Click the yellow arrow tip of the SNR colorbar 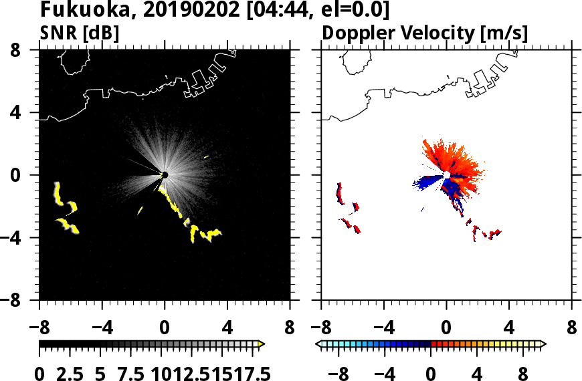[262, 344]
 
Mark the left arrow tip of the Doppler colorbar [318, 344]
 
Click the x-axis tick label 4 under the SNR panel [227, 328]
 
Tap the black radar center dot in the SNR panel [165, 175]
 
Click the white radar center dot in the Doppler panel [446, 175]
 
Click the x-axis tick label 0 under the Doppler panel [446, 328]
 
